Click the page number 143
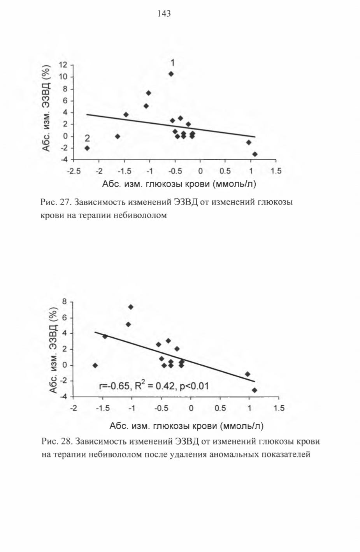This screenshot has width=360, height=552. point(164,13)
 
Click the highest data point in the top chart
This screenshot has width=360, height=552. point(171,74)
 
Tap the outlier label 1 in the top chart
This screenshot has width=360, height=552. point(172,63)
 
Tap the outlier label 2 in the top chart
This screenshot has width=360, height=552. point(87,139)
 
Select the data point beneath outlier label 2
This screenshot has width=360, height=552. point(87,148)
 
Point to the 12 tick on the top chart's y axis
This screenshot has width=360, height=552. point(63,65)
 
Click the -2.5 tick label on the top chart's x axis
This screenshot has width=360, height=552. point(74,171)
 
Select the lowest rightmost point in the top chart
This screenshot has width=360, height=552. point(255,154)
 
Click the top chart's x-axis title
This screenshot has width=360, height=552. point(179,184)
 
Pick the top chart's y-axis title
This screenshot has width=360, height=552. point(46,108)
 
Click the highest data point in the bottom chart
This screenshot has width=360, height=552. point(131,307)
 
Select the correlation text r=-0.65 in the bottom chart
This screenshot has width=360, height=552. point(114,386)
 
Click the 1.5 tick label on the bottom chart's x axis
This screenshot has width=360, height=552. point(279,408)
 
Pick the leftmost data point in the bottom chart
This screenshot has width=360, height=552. point(95,365)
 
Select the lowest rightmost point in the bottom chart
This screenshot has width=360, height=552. point(255,390)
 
